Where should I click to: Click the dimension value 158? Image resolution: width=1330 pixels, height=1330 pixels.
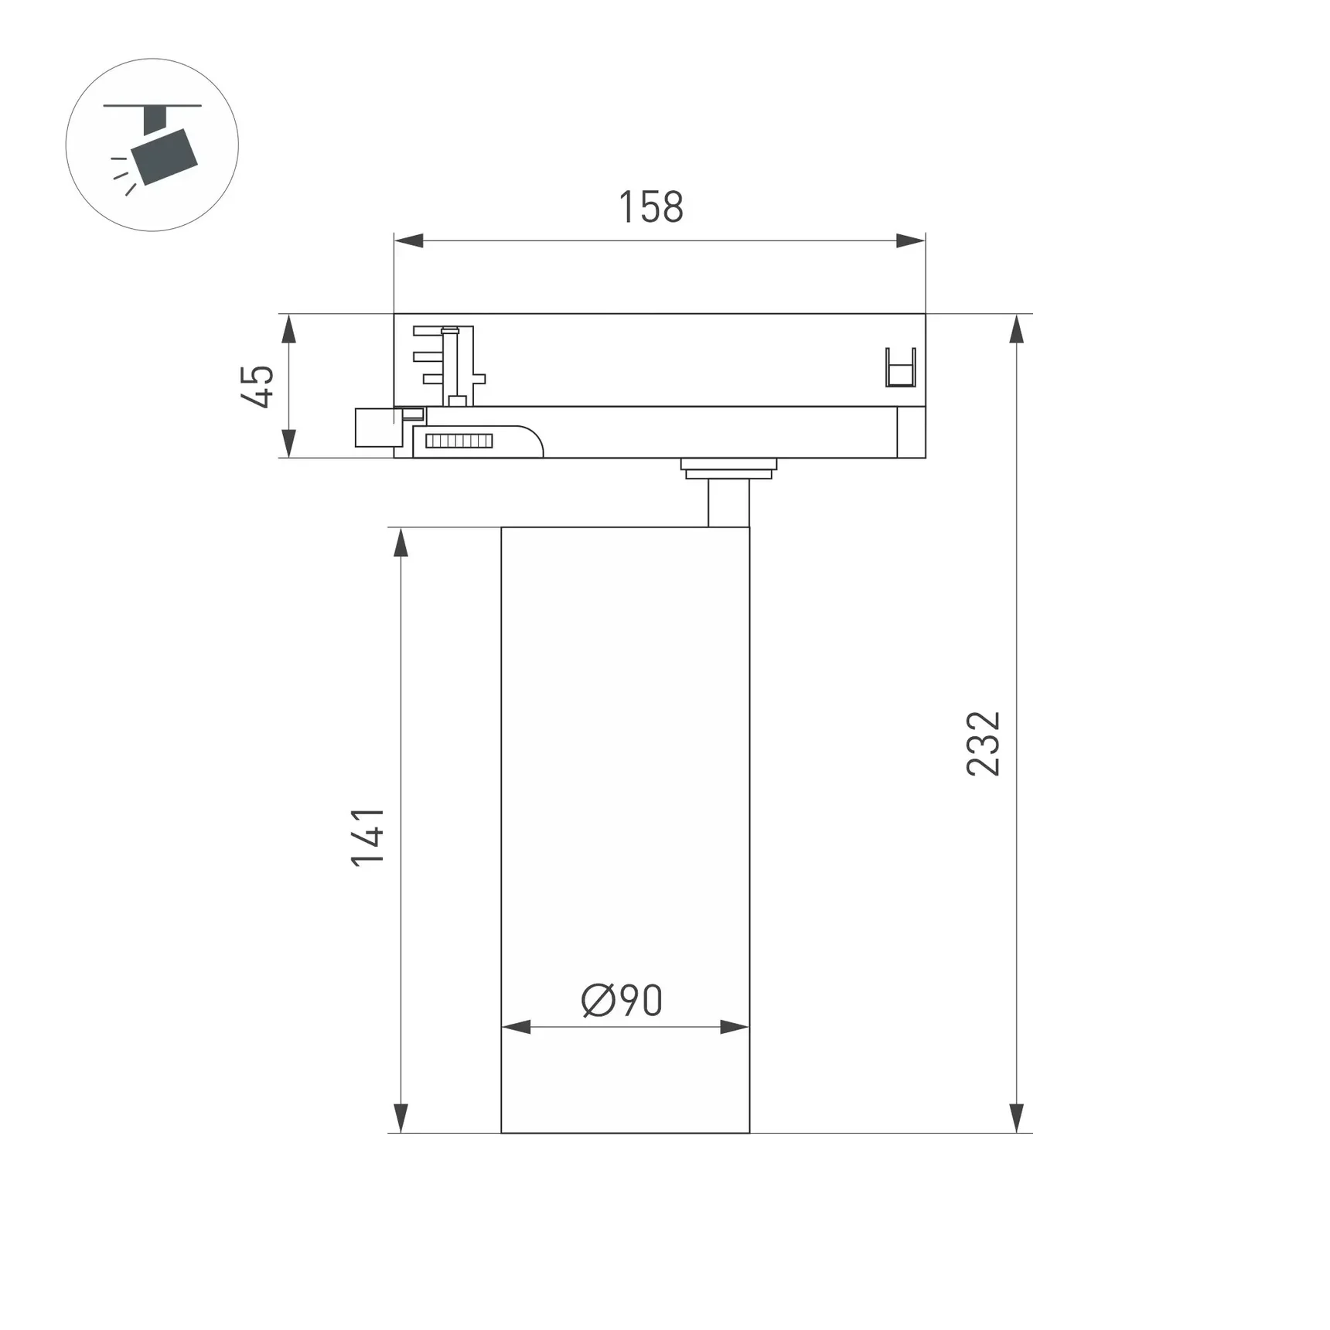tap(651, 207)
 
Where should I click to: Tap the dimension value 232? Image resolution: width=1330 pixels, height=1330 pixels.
tap(984, 743)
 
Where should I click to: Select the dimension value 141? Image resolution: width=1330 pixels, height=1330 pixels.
tap(368, 837)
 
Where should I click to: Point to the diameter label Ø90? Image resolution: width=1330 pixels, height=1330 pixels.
tap(622, 1001)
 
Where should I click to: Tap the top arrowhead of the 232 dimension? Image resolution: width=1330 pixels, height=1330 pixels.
tap(1017, 329)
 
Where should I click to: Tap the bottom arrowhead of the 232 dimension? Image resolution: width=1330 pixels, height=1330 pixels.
tap(1017, 1117)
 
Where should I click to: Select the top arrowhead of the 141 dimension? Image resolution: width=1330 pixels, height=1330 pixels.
tap(401, 543)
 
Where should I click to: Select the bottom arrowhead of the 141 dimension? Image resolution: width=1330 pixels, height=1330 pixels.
tap(401, 1117)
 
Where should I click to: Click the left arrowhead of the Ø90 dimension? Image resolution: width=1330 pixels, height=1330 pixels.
tap(517, 1027)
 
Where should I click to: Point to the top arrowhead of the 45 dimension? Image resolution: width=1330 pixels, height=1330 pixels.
tap(288, 329)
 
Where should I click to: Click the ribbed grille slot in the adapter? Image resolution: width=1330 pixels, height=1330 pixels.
tap(459, 442)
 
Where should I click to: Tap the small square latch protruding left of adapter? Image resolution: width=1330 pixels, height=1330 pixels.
tap(374, 428)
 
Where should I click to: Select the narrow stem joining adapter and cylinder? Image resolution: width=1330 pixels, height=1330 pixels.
tap(728, 503)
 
